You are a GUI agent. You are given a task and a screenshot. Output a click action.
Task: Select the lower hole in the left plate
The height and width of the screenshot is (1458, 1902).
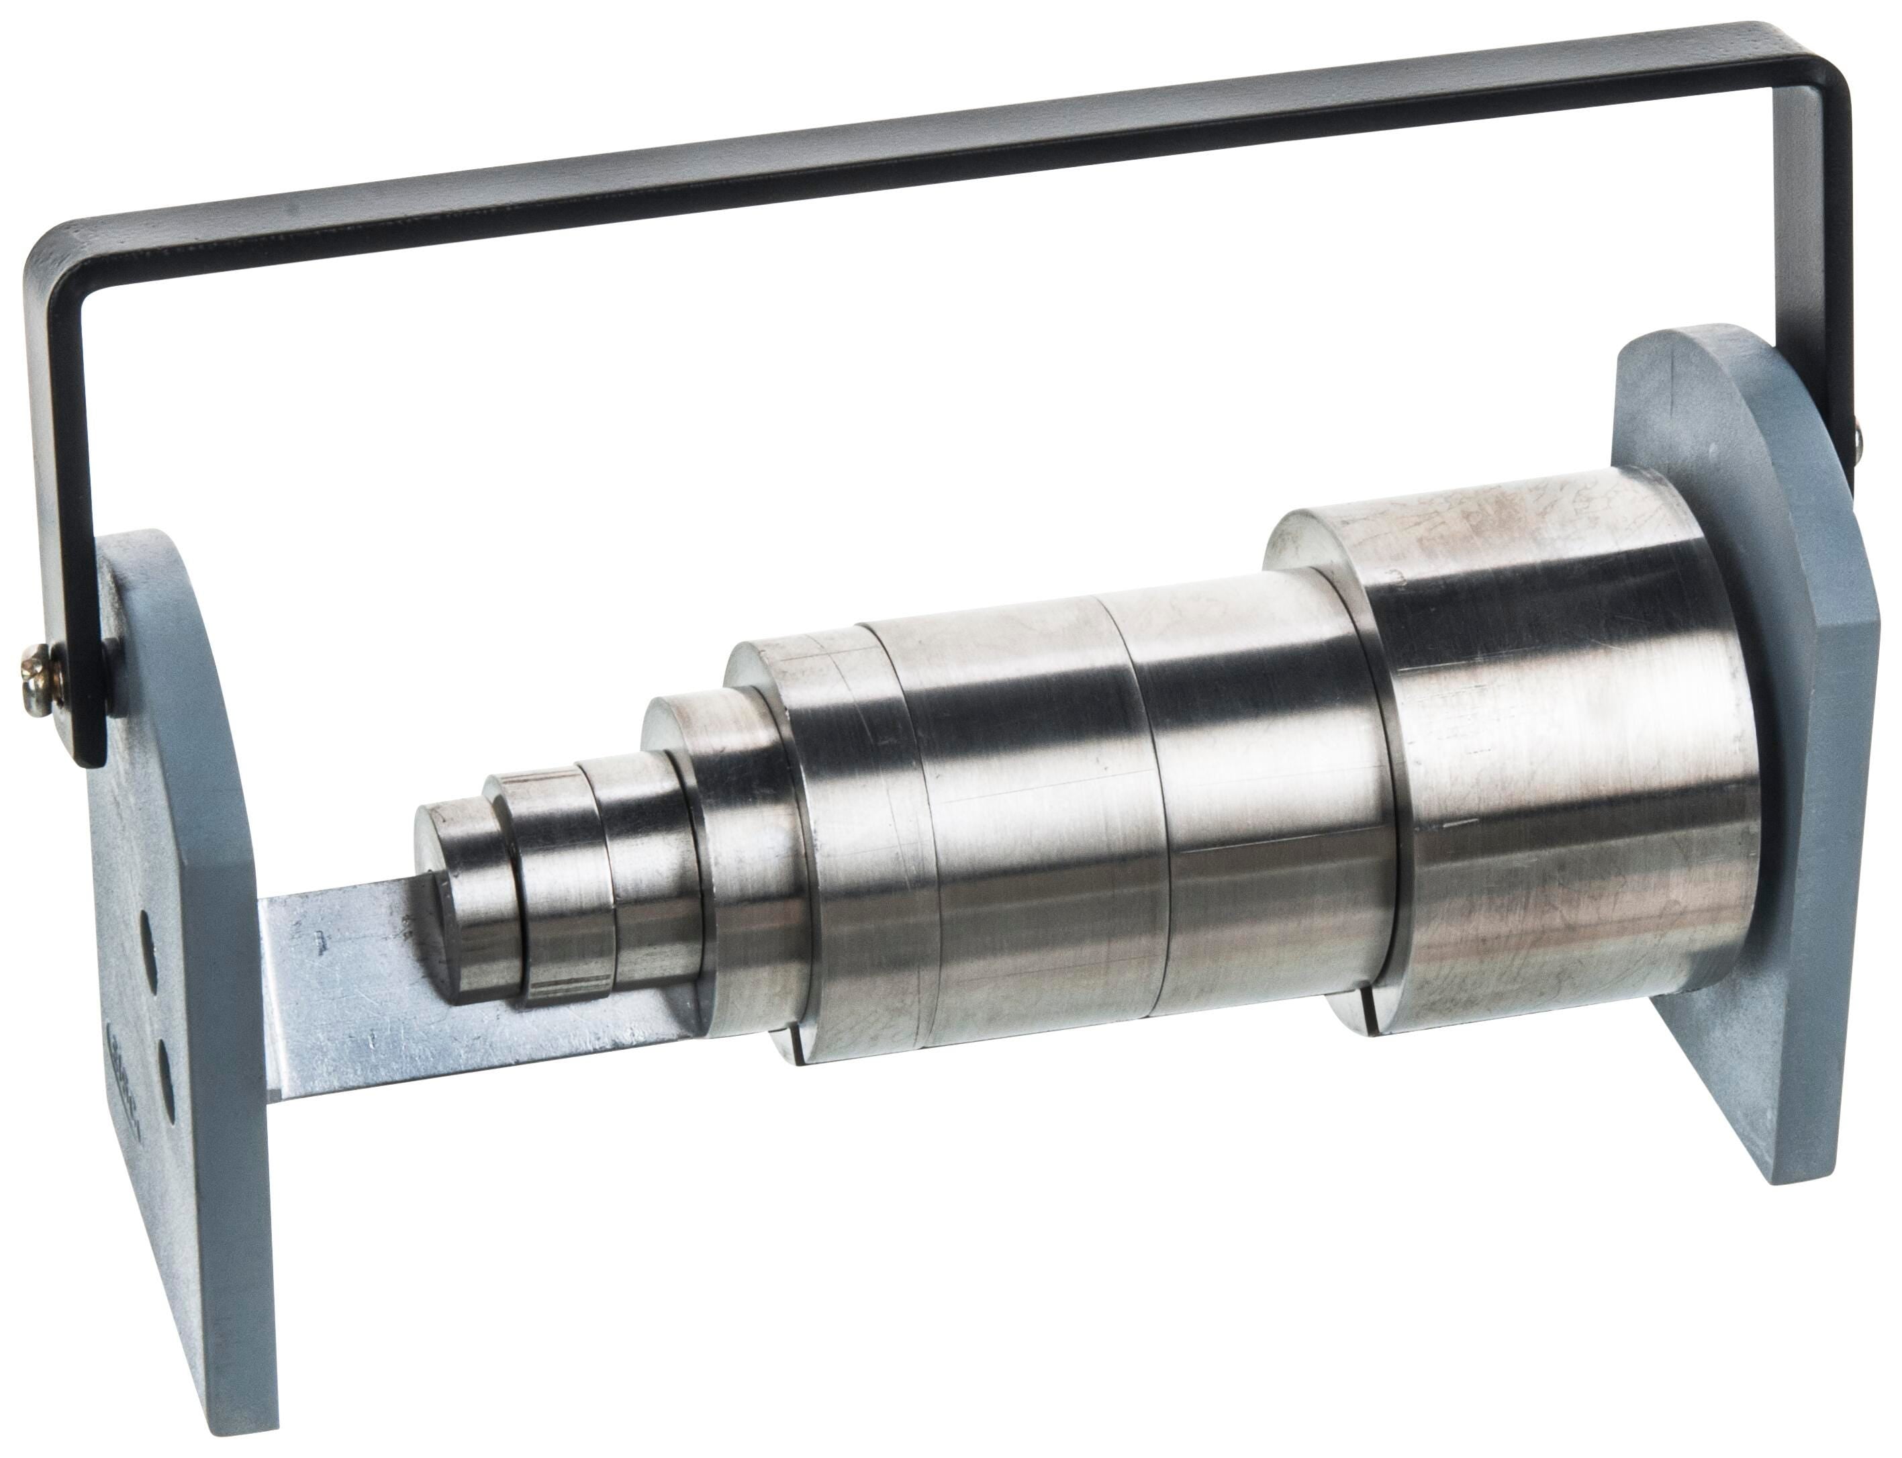pos(165,1073)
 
